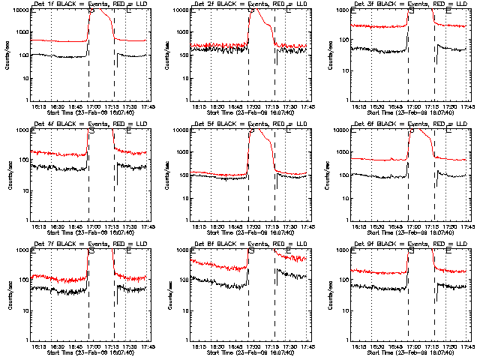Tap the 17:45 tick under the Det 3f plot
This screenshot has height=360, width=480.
point(466,106)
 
